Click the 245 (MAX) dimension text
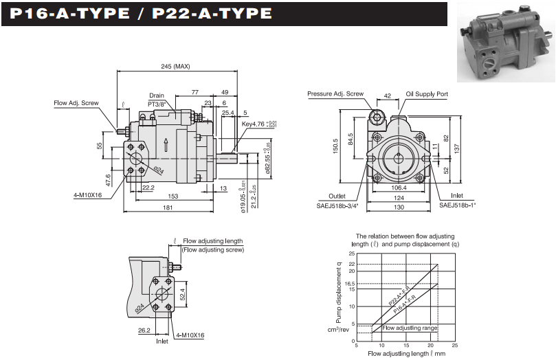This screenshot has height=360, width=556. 175,67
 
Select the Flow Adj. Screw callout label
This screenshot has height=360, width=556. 76,103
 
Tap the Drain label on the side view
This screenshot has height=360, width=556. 156,95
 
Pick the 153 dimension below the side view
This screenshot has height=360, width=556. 173,196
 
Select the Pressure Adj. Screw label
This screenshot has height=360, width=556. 335,93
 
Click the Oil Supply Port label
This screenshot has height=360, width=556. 426,93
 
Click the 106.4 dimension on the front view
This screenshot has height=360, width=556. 399,187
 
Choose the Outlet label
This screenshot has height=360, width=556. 337,196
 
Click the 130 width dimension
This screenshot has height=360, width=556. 399,207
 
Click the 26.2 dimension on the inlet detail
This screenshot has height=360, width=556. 144,330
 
